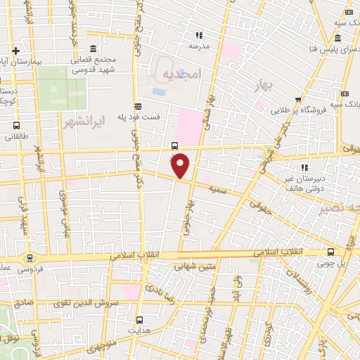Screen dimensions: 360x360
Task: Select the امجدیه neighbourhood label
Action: pos(181,73)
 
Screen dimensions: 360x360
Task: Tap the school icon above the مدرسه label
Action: pos(199,35)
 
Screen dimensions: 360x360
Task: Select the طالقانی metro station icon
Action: pos(15,127)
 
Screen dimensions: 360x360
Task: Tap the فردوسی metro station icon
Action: pos(29,257)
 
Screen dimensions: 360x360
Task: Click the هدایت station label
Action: pos(139,329)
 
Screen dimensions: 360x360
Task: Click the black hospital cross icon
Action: pos(15,51)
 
